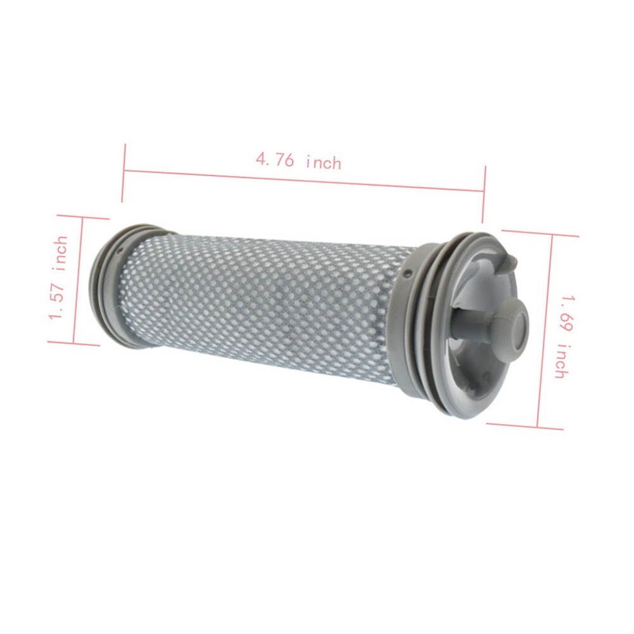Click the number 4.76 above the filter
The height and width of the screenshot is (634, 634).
274,159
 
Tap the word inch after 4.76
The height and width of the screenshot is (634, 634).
323,163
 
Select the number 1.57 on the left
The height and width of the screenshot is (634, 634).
58,303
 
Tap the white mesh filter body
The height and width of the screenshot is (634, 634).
266,304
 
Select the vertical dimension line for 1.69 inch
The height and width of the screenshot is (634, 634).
545,329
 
